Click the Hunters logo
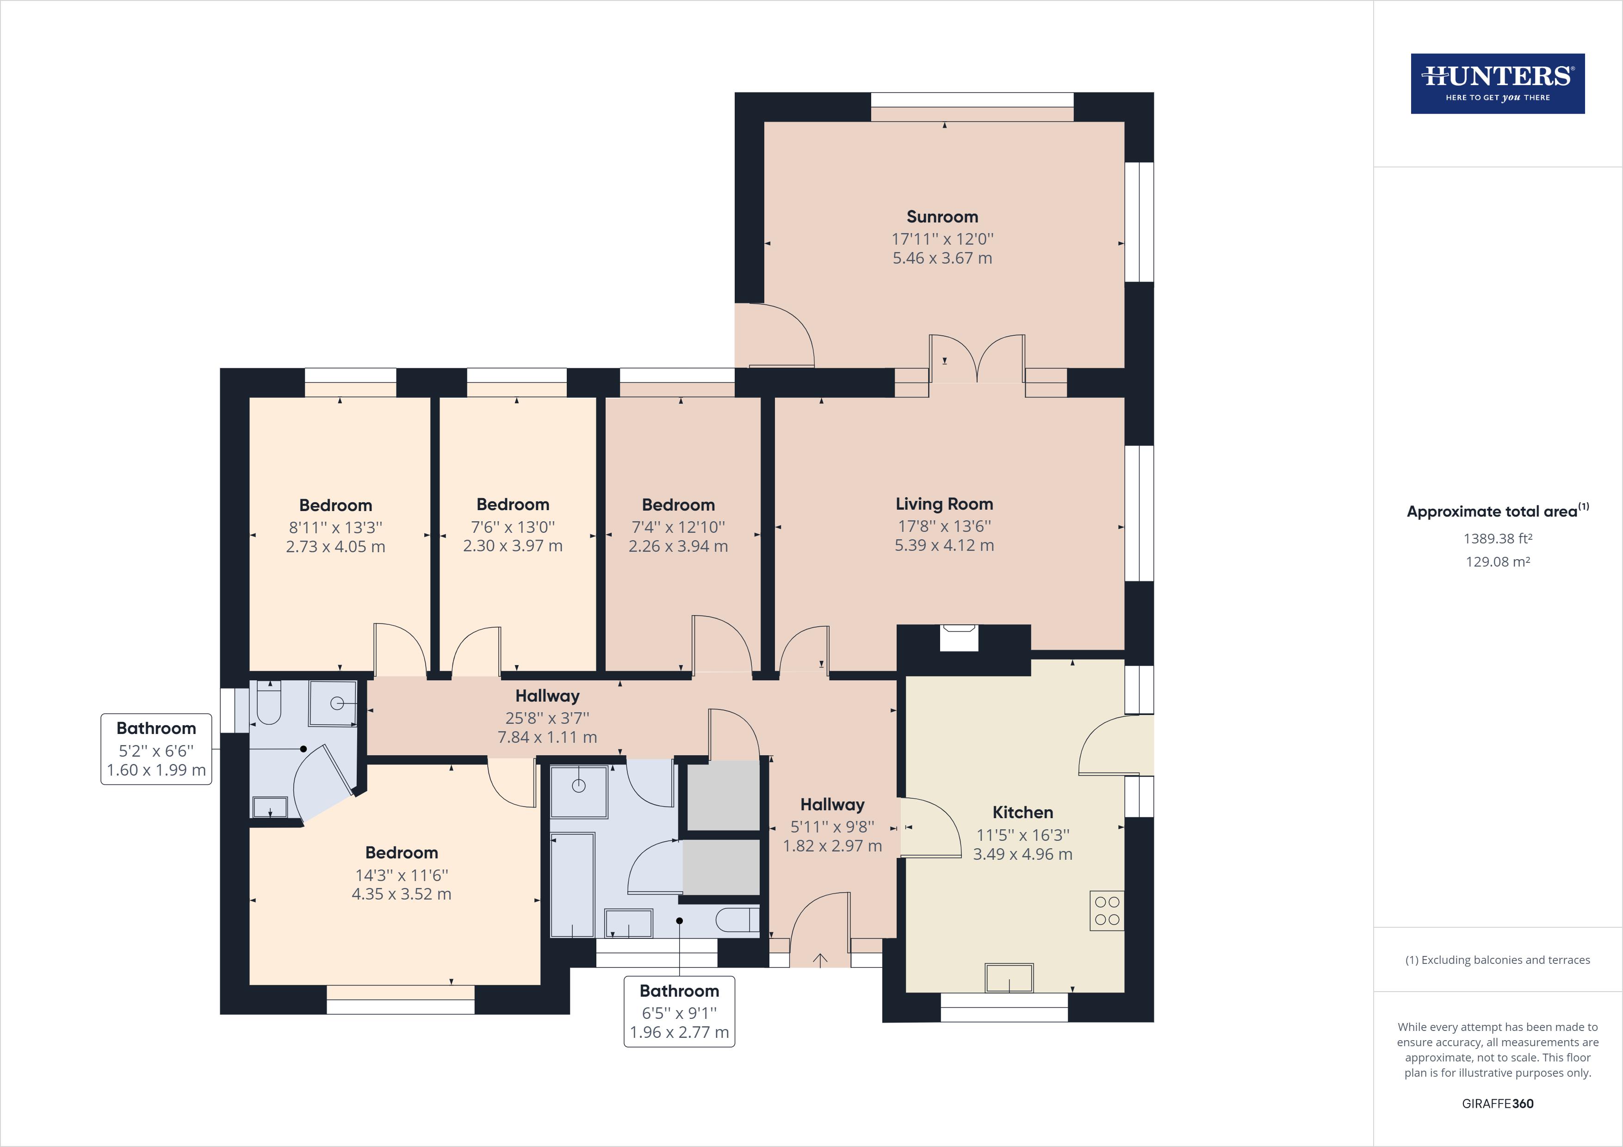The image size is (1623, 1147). pyautogui.click(x=1497, y=83)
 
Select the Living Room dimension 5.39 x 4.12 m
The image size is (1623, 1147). pyautogui.click(x=944, y=546)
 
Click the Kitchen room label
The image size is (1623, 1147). pyautogui.click(x=1022, y=812)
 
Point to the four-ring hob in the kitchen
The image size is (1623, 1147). pyautogui.click(x=1106, y=910)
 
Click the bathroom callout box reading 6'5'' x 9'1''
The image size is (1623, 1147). pyautogui.click(x=679, y=1011)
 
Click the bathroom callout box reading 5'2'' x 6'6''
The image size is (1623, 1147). pyautogui.click(x=156, y=749)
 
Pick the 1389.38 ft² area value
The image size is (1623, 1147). pyautogui.click(x=1497, y=538)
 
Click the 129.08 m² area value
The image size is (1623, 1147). pyautogui.click(x=1497, y=562)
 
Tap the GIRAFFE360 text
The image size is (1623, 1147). pyautogui.click(x=1497, y=1103)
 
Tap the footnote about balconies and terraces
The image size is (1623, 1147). pyautogui.click(x=1497, y=960)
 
